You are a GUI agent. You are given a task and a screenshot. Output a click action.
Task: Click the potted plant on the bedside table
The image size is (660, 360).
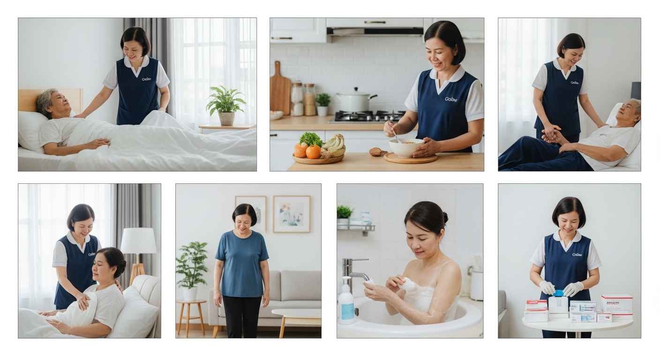pyautogui.click(x=225, y=105)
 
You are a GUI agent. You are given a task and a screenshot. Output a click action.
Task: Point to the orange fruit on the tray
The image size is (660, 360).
pyautogui.click(x=313, y=151)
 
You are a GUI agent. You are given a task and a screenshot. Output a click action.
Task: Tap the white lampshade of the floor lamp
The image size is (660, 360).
pyautogui.click(x=138, y=240)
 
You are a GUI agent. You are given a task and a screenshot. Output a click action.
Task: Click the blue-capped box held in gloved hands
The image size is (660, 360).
pyautogui.click(x=558, y=302)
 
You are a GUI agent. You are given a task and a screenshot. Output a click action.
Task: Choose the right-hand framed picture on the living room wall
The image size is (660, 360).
pyautogui.click(x=291, y=214)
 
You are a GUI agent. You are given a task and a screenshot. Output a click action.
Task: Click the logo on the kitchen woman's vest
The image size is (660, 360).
pyautogui.click(x=450, y=99)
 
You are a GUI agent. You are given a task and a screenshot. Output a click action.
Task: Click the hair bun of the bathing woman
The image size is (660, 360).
pyautogui.click(x=445, y=217)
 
